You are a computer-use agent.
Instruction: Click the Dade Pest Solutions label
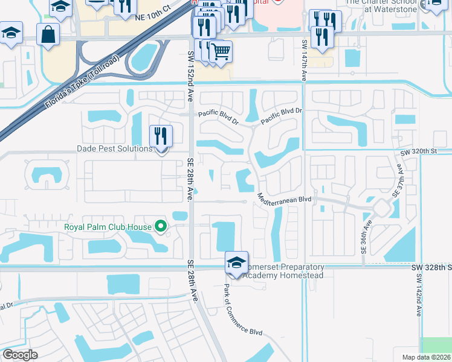tap(114, 149)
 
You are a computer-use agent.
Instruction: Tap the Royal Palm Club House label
tap(109, 227)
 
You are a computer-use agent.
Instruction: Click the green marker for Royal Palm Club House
tap(161, 227)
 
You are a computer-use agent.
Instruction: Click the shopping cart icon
tap(221, 52)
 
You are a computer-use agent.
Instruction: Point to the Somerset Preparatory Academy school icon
tap(236, 262)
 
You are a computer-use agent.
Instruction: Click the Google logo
tap(21, 355)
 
